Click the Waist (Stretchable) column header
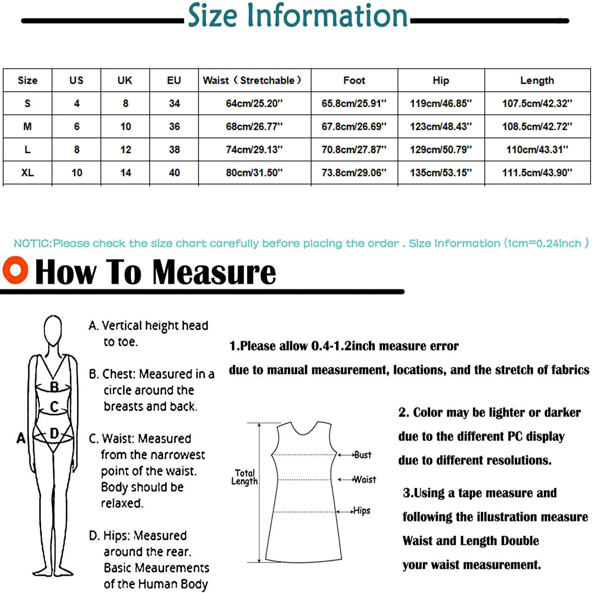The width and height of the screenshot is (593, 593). point(252,80)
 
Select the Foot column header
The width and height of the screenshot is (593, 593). point(354,80)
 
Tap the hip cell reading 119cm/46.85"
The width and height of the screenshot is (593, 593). point(441,103)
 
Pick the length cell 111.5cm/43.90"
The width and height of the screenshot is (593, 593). point(537,172)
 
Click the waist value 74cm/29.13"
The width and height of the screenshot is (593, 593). point(254,149)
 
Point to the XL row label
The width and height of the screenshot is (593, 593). point(27,172)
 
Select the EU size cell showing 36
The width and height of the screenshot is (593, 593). point(174,126)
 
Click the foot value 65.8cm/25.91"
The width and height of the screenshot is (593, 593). point(354,103)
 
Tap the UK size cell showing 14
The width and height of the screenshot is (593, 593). point(125,172)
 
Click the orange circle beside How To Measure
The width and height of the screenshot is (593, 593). point(15,270)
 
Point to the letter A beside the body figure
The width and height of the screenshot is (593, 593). point(21,438)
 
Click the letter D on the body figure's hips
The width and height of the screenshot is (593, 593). point(54,433)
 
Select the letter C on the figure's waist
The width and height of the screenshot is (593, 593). point(54,407)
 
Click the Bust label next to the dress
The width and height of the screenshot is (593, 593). point(362,455)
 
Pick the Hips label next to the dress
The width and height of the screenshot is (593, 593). point(362,511)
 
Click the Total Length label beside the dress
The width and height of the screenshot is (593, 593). point(244,477)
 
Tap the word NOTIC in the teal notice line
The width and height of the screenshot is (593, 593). point(33,244)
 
